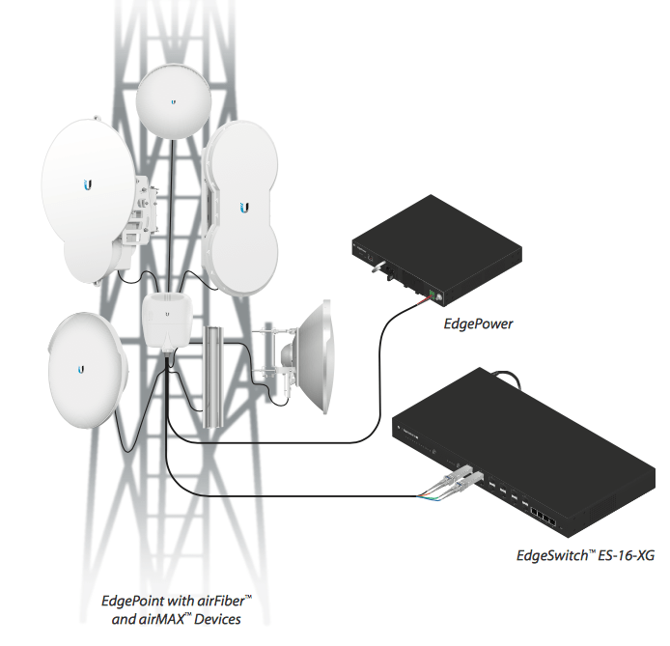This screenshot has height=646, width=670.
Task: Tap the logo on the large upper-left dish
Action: [88, 183]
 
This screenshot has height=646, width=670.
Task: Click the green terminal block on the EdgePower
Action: [436, 295]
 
